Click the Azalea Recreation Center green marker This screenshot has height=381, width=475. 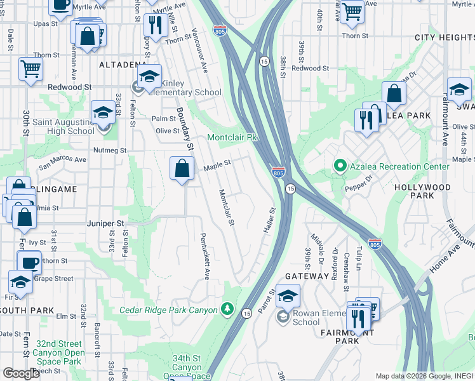point(340,166)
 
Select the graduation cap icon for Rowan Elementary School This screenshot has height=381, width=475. point(288,295)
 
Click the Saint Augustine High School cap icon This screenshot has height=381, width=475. point(102,112)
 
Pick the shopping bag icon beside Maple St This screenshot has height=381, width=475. point(182,168)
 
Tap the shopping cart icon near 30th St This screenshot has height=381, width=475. point(30,68)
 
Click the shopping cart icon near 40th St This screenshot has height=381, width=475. point(351,11)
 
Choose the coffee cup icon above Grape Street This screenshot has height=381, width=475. point(29,262)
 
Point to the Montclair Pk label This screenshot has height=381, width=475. point(233,138)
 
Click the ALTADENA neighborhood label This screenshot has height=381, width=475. point(123,65)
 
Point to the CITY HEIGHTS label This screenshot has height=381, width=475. point(444,37)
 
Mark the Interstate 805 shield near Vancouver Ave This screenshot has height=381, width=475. point(220,31)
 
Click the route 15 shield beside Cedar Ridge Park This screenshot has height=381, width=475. point(246,312)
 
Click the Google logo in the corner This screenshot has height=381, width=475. point(22,373)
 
